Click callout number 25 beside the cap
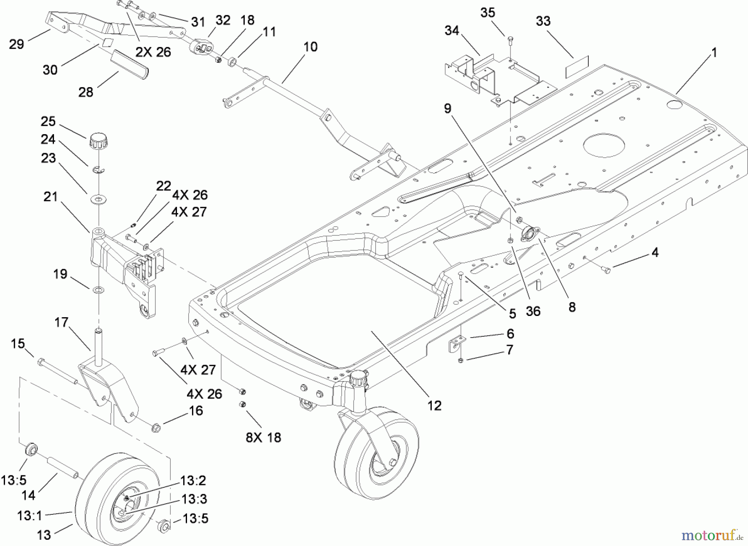48,121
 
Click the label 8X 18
263,437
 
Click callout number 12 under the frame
434,405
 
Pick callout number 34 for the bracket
452,30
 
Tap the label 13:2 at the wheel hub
193,481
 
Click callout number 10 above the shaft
310,47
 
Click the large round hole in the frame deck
604,146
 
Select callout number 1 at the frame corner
714,53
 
